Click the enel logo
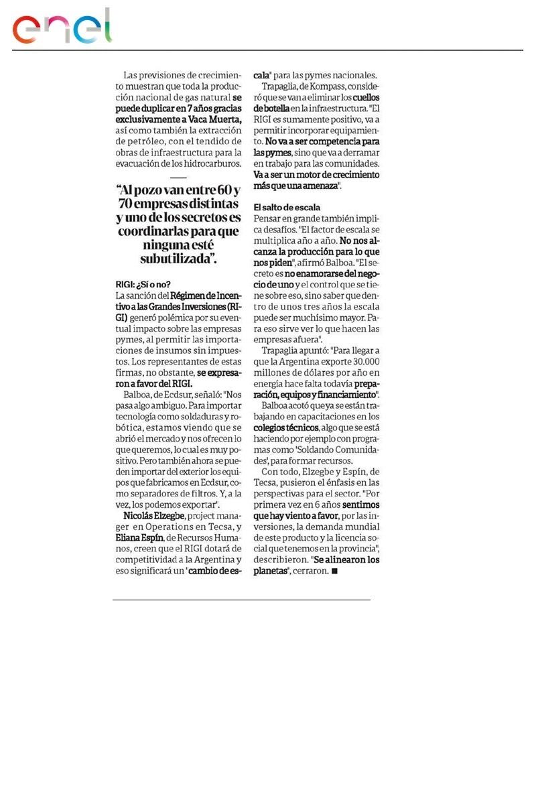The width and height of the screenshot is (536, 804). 62,28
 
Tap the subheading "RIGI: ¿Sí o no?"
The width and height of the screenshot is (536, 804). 143,283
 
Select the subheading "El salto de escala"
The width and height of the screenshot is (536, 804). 287,207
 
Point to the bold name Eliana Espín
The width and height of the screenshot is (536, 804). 139,537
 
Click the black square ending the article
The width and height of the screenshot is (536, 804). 335,571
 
